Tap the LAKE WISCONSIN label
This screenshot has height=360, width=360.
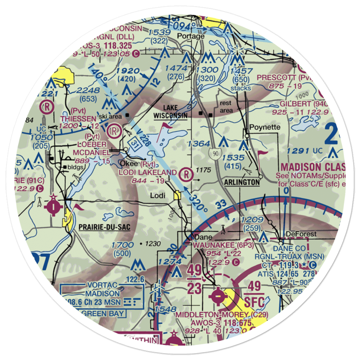(x=170, y=112)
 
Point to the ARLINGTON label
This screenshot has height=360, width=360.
(x=242, y=183)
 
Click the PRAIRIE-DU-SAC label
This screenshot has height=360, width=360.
(x=104, y=227)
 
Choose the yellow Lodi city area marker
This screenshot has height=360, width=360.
(x=177, y=196)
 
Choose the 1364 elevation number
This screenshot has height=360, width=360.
(x=198, y=144)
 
